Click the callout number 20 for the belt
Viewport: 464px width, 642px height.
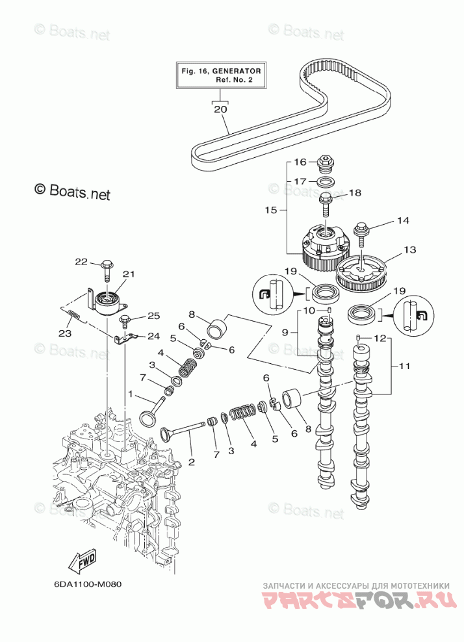click(220, 110)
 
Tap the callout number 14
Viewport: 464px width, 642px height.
click(403, 221)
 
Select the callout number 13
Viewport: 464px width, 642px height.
click(409, 250)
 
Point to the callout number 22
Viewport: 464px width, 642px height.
click(81, 262)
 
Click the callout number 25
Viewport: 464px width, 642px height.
click(153, 316)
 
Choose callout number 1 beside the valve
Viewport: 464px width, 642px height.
click(130, 394)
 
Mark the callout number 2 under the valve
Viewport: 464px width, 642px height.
click(191, 462)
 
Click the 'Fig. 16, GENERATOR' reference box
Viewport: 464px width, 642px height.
click(221, 74)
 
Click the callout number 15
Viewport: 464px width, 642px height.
click(271, 210)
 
